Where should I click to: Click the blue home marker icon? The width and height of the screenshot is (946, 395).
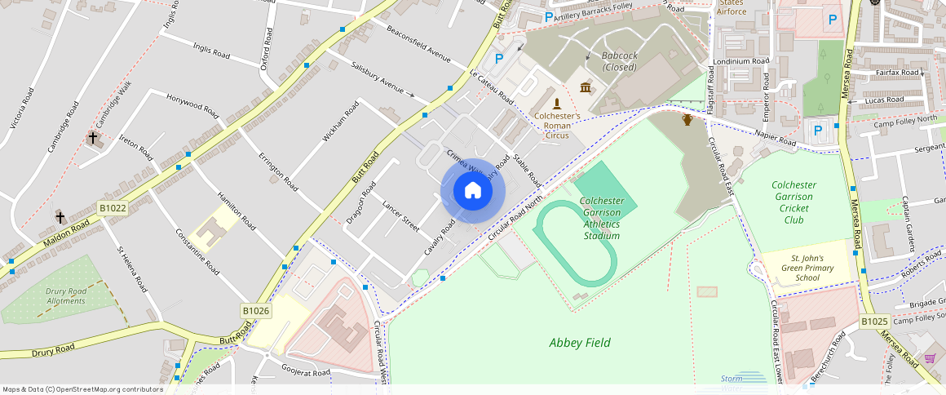tap(473, 191)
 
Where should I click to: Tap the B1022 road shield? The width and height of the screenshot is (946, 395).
tap(113, 209)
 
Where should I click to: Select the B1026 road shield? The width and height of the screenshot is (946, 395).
tap(255, 311)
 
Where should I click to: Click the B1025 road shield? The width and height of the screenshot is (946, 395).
tap(874, 322)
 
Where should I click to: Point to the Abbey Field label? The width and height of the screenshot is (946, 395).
tap(580, 343)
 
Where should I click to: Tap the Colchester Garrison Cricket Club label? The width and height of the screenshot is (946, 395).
tap(793, 202)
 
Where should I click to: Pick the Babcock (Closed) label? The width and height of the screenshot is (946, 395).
tap(619, 61)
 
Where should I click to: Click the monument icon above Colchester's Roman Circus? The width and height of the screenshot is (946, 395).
tap(557, 103)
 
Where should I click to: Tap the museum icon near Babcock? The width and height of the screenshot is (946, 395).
tap(586, 87)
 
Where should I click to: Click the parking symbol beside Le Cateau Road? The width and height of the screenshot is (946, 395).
tap(499, 59)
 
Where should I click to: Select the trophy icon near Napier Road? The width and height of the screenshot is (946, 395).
tap(687, 120)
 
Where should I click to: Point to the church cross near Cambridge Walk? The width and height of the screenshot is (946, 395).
tap(92, 138)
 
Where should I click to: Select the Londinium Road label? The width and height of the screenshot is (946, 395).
tap(740, 61)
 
